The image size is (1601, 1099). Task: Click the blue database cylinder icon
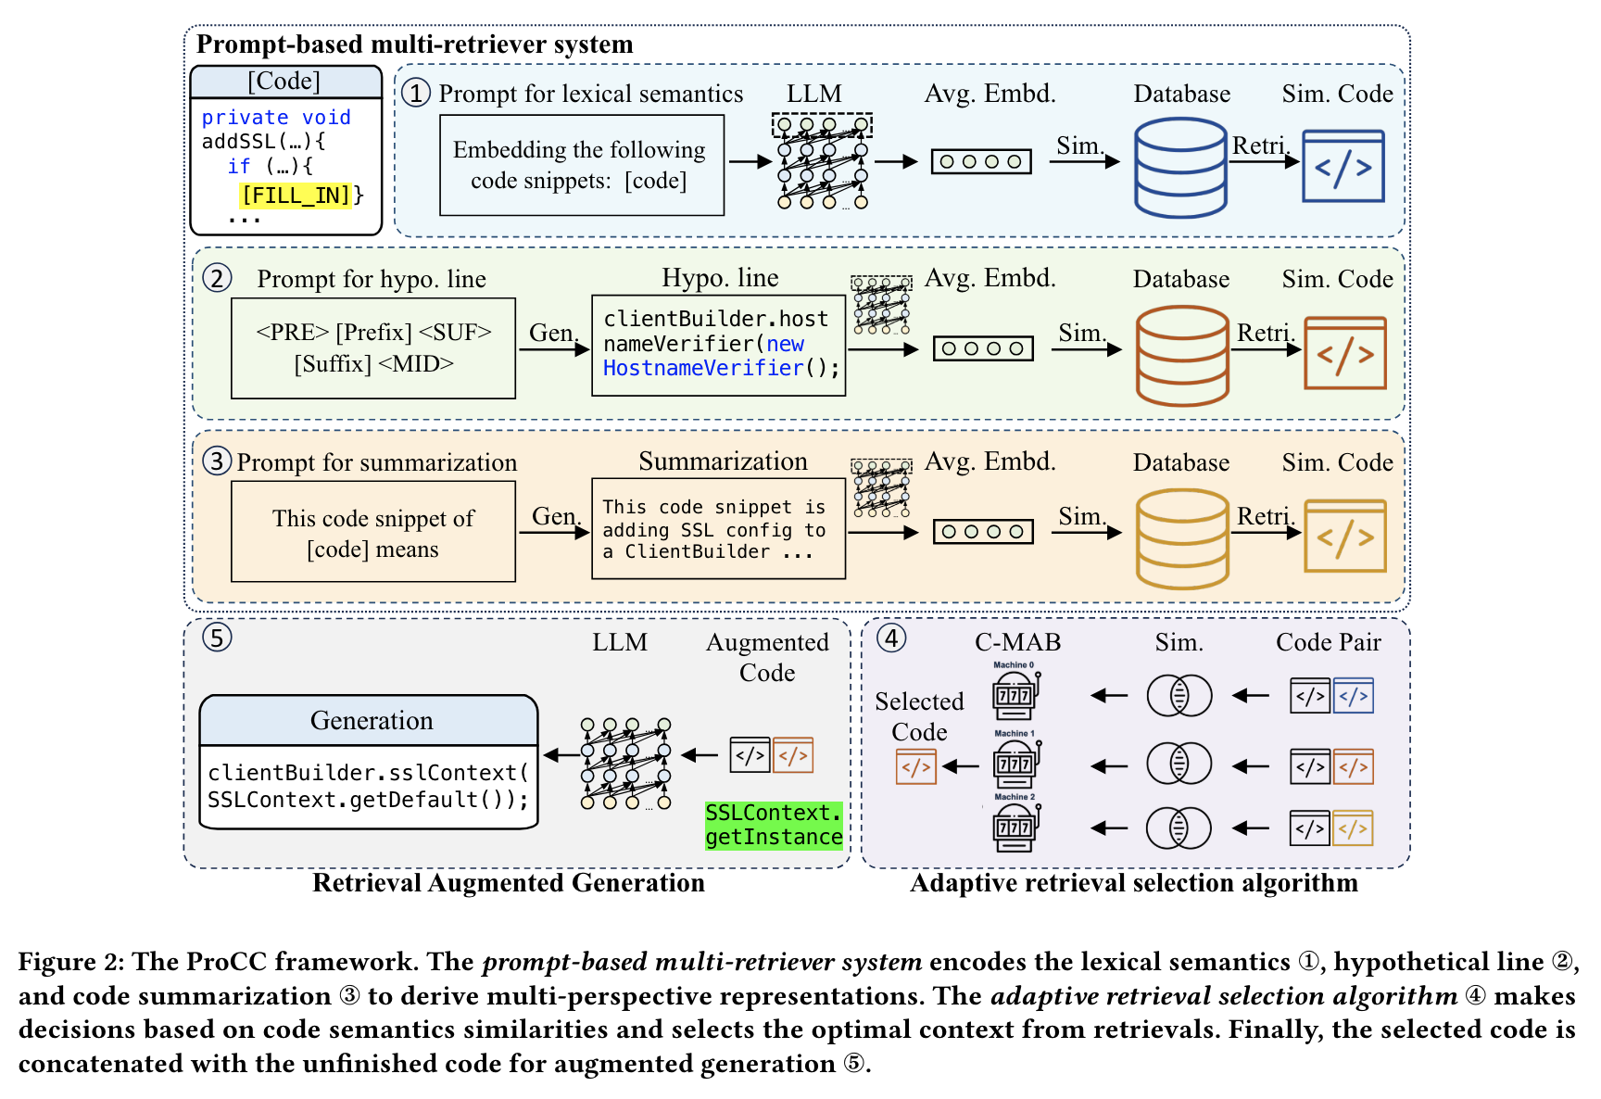pyautogui.click(x=1180, y=168)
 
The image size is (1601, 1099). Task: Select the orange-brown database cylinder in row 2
pyautogui.click(x=1182, y=356)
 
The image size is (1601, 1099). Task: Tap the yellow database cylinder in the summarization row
pyautogui.click(x=1182, y=538)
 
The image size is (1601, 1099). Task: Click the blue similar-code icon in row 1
pyautogui.click(x=1343, y=167)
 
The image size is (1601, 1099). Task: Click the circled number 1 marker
pyautogui.click(x=416, y=93)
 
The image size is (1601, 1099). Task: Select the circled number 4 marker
pyautogui.click(x=891, y=638)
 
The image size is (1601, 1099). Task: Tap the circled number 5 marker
pyautogui.click(x=217, y=638)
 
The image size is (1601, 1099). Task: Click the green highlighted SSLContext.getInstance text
pyautogui.click(x=774, y=825)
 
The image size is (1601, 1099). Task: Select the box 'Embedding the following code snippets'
pyautogui.click(x=581, y=165)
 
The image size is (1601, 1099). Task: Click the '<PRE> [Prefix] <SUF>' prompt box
pyautogui.click(x=373, y=348)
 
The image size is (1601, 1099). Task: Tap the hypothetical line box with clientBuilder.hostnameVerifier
pyautogui.click(x=718, y=346)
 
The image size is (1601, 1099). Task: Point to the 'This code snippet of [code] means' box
pyautogui.click(x=373, y=532)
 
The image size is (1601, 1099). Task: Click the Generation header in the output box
pyautogui.click(x=371, y=721)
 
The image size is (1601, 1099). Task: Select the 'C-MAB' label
pyautogui.click(x=1017, y=642)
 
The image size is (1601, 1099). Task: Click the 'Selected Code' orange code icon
pyautogui.click(x=915, y=767)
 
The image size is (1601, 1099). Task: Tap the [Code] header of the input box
pyautogui.click(x=284, y=82)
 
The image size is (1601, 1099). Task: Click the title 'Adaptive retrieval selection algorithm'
pyautogui.click(x=1133, y=883)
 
